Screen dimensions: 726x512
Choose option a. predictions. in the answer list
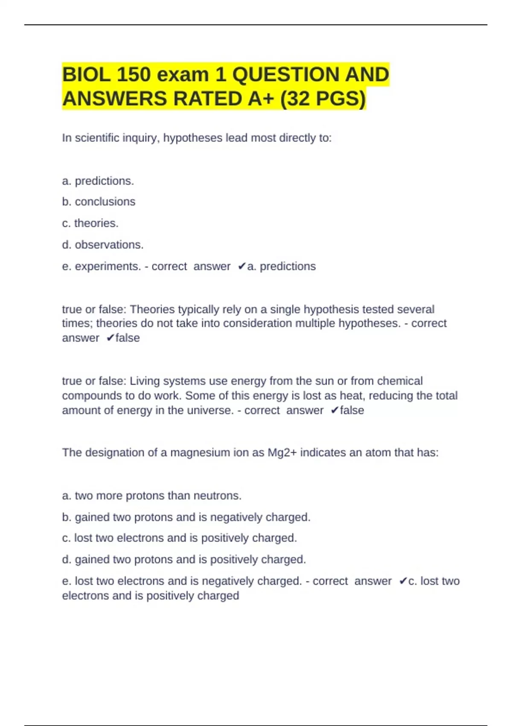(x=98, y=181)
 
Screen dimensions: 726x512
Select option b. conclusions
(x=99, y=202)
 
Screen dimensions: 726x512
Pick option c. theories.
(x=90, y=223)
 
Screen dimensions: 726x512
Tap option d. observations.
(x=103, y=245)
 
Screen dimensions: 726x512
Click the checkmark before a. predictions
(x=242, y=266)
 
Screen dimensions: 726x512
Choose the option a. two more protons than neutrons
(x=152, y=496)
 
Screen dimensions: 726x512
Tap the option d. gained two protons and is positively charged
(x=184, y=559)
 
